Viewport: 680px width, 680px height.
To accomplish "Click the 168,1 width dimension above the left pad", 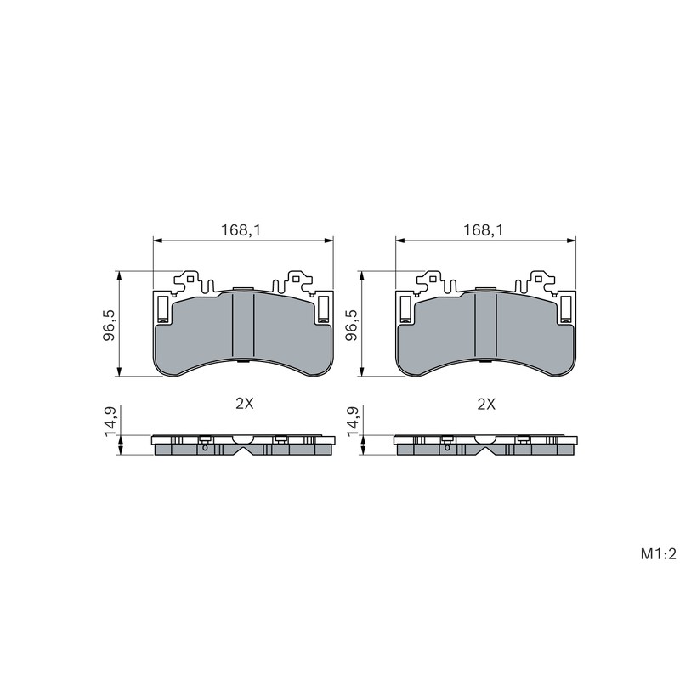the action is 241,230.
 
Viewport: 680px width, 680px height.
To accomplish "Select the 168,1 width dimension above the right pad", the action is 483,230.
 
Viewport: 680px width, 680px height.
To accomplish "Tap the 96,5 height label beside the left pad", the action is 110,325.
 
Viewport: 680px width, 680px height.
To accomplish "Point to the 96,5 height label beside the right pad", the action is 352,325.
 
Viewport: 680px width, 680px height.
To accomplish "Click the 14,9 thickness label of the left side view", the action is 110,421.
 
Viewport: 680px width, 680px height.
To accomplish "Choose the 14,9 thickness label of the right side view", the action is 352,421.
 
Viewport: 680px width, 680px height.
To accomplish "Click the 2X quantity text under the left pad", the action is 244,405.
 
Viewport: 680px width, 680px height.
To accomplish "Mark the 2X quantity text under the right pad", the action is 486,405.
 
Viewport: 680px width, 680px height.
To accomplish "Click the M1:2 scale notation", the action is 658,554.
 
